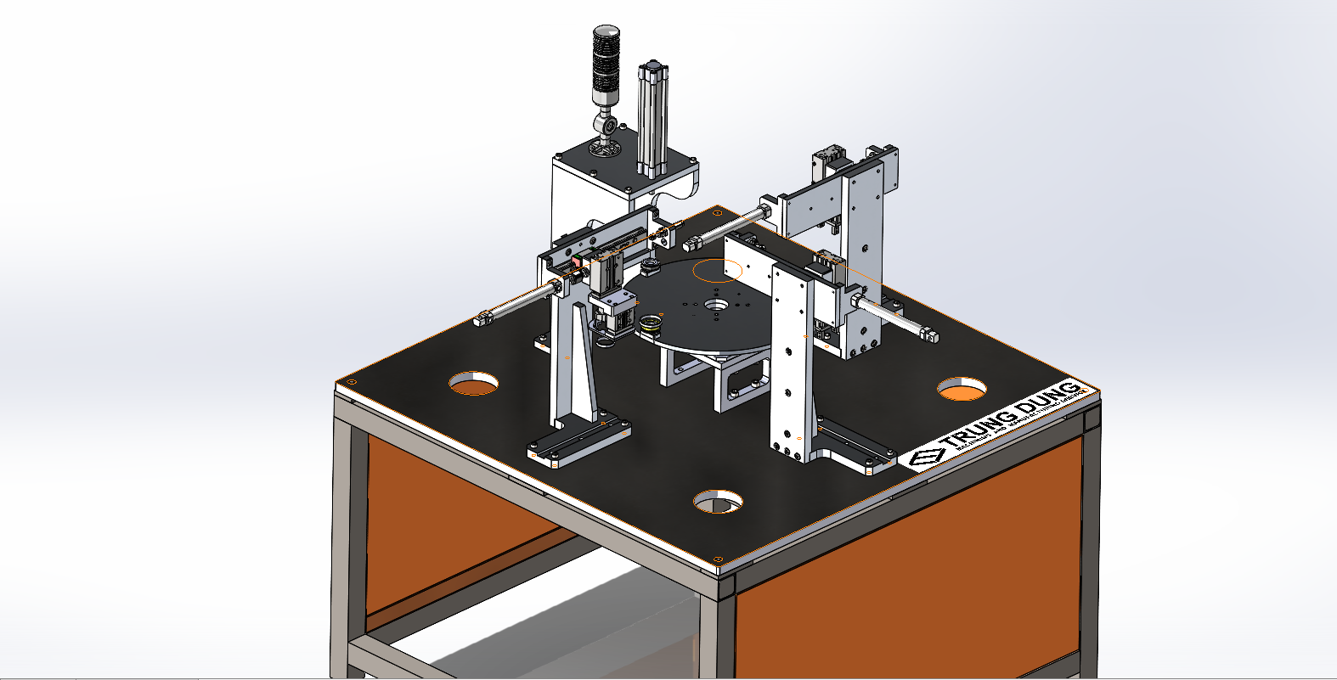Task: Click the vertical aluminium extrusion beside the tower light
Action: coord(652,119)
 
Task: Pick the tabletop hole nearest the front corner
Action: coord(718,501)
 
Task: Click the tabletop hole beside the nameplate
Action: coord(962,389)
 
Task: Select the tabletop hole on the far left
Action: coord(473,383)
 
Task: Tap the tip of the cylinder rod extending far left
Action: coord(484,319)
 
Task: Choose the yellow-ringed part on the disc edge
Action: coord(652,323)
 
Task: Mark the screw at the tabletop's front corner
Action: coord(719,559)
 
